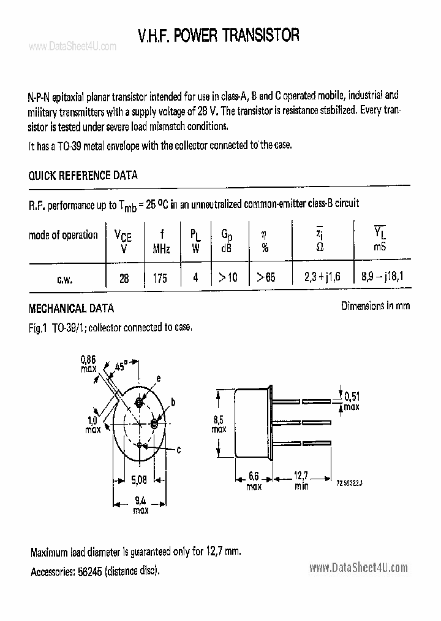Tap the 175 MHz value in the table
coord(160,277)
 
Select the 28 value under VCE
coord(124,277)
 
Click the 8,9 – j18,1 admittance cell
coord(382,277)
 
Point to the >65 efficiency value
coord(266,277)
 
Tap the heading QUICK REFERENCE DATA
coord(83,175)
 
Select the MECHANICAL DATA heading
coord(71,309)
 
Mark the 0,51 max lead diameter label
coord(352,396)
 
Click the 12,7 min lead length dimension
coord(300,476)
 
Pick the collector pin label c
coord(178,450)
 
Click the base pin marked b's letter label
coord(173,402)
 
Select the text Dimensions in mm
coord(375,306)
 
